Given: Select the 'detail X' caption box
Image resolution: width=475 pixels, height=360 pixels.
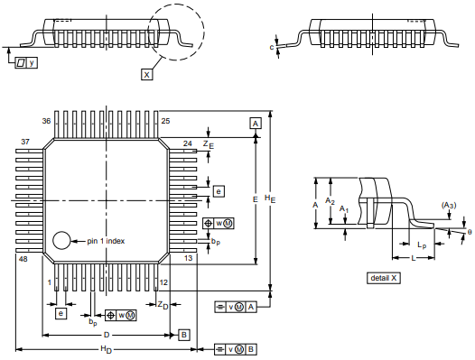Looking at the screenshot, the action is point(384,278).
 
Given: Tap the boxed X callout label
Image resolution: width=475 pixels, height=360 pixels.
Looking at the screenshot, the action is point(146,75).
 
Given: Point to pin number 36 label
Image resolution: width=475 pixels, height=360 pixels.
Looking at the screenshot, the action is point(46,121).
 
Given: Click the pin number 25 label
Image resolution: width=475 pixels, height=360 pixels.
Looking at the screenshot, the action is point(165,121).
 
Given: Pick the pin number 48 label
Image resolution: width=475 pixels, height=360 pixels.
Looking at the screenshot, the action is point(23,259).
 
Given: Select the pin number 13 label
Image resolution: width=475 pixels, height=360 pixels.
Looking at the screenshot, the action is point(188,258).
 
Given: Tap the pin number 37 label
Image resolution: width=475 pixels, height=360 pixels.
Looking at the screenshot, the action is point(25,142).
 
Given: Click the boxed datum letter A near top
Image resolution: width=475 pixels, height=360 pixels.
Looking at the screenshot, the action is point(256,124).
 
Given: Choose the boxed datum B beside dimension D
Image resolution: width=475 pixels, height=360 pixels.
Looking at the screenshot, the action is point(184,335).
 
